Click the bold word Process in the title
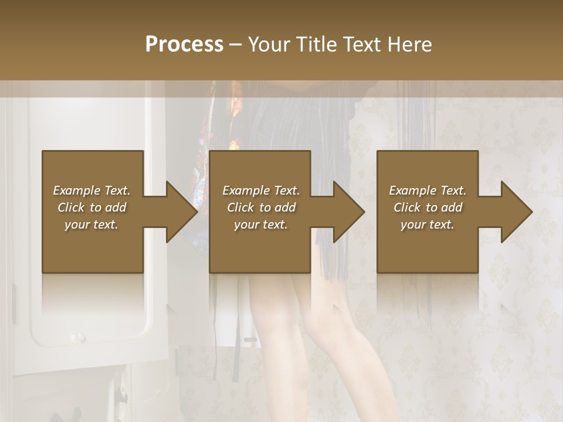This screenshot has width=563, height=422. coord(184,44)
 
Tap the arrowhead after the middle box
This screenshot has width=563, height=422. coord(348,212)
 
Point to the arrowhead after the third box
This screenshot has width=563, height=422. coord(516,212)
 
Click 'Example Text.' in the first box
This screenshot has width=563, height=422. coord(91,190)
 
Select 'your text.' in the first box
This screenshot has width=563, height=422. coord(91,224)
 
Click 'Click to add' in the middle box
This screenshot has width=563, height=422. coord(261,207)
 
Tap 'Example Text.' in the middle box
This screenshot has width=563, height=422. coord(261,190)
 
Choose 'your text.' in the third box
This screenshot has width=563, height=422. coord(428,224)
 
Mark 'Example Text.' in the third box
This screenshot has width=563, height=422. coord(428,190)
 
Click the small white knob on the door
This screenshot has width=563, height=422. coord(76,338)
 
